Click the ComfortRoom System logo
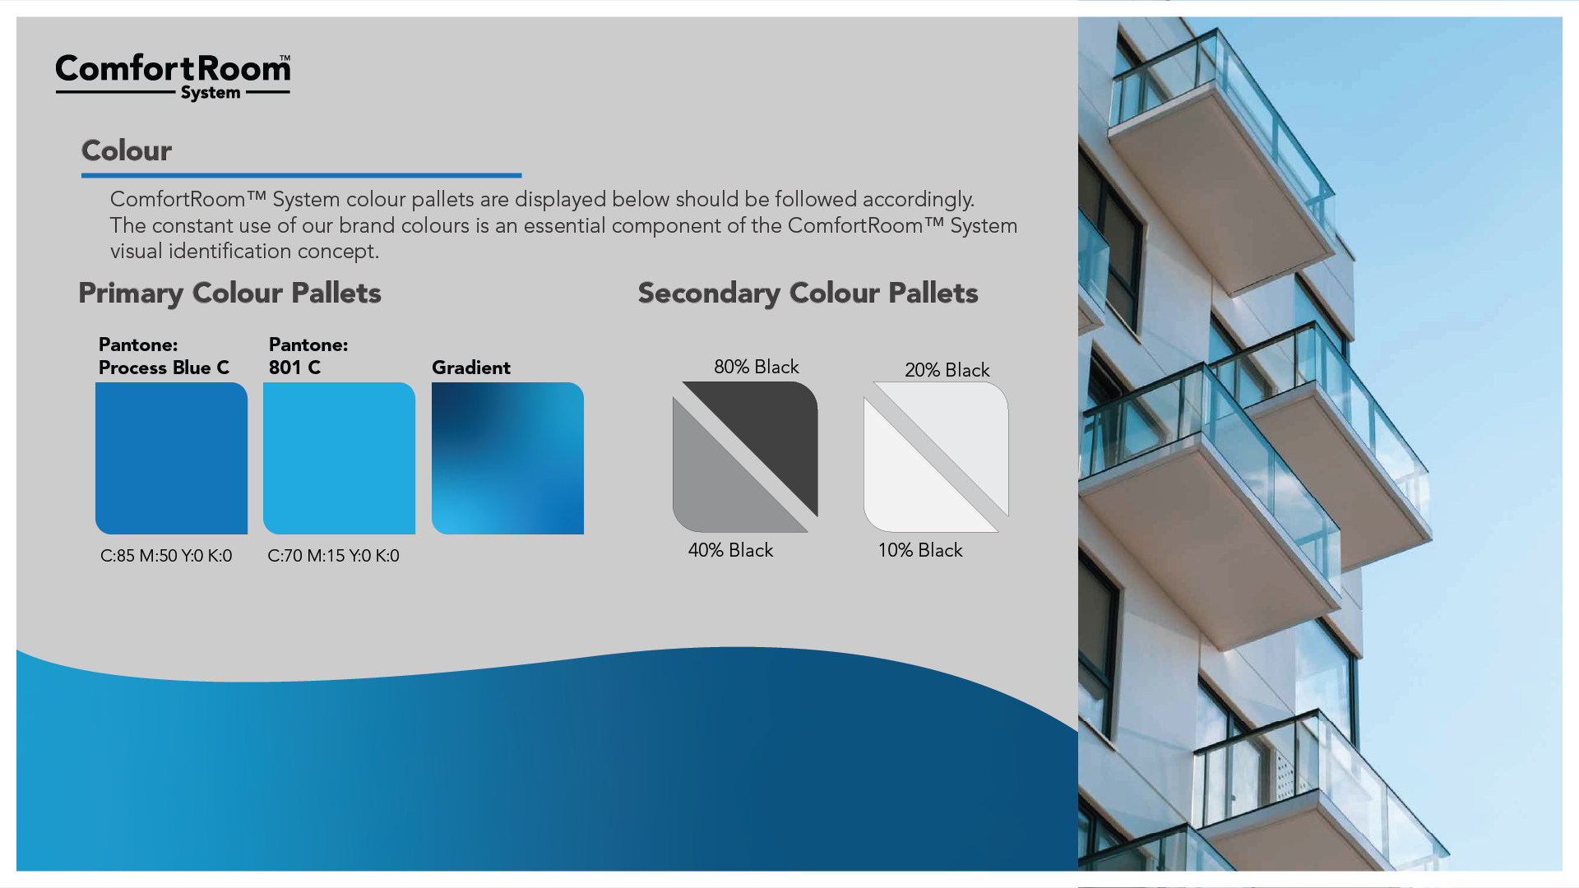[x=173, y=77]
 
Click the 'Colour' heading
[x=127, y=150]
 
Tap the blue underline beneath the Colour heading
[x=301, y=175]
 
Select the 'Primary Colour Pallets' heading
[x=229, y=294]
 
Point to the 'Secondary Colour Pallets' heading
[x=808, y=294]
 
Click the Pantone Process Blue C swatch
[x=171, y=458]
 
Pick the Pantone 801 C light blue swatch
[x=339, y=458]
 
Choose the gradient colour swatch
[x=507, y=458]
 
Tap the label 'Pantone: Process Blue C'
[x=164, y=356]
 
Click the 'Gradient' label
[x=471, y=368]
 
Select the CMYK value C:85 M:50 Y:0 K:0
[x=166, y=556]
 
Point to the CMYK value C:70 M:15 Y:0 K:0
[x=333, y=556]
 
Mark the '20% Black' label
[x=947, y=370]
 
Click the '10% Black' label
[x=920, y=550]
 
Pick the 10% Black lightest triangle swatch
[x=908, y=489]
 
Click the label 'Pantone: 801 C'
[x=308, y=356]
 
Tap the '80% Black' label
[x=757, y=367]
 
